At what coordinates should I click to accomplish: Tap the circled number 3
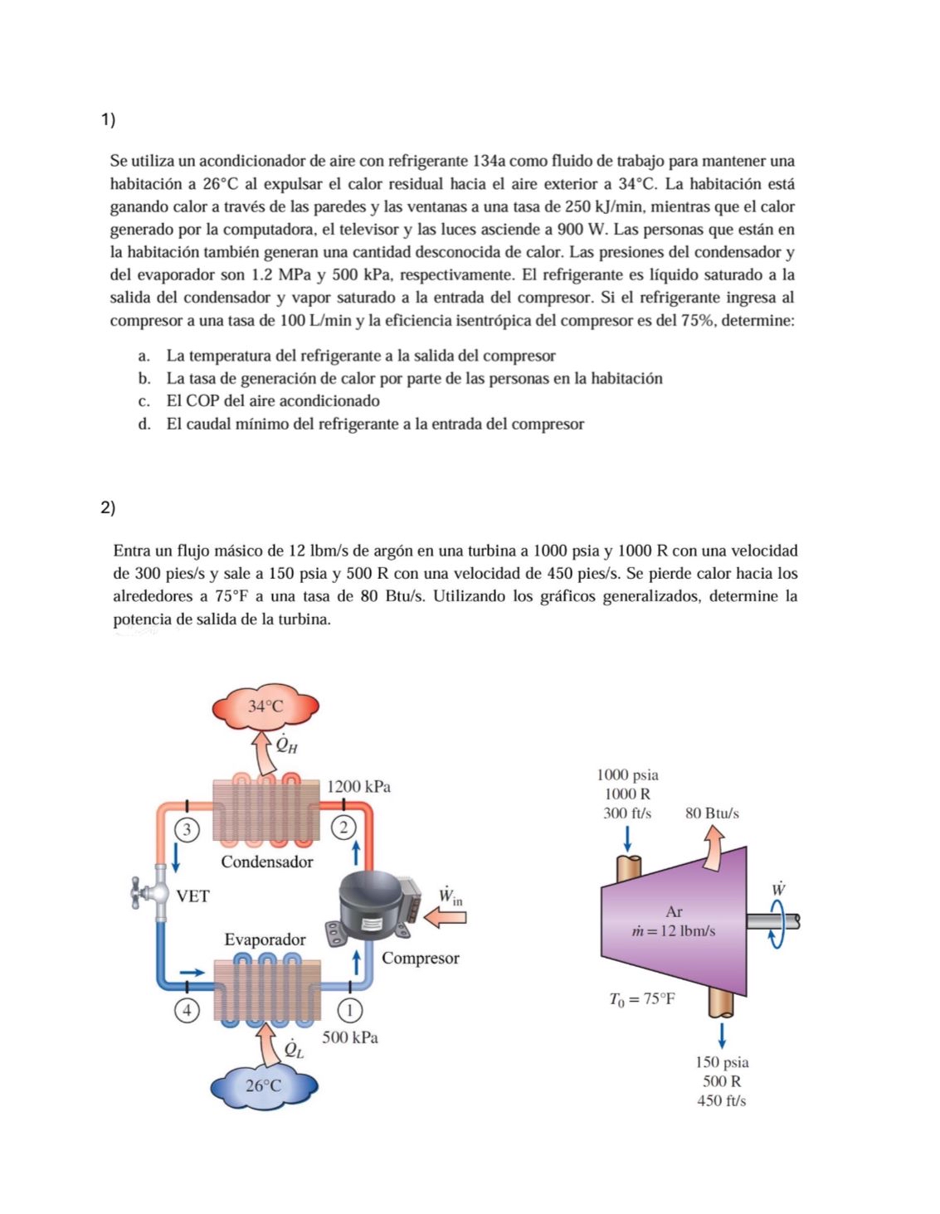click(x=188, y=828)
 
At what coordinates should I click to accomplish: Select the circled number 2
click(x=343, y=827)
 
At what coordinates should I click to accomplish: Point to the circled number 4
click(x=188, y=1010)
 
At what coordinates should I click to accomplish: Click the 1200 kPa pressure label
click(x=358, y=786)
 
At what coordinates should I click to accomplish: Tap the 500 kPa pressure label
click(x=350, y=1037)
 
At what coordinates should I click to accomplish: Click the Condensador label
click(x=267, y=862)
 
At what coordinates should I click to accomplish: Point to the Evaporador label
click(x=265, y=940)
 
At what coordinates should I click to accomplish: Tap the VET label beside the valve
click(x=193, y=896)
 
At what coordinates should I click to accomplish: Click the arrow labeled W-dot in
click(x=445, y=915)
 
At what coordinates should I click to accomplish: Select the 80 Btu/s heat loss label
click(x=712, y=813)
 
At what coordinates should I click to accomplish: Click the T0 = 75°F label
click(x=642, y=999)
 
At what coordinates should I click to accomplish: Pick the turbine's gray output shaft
click(x=772, y=920)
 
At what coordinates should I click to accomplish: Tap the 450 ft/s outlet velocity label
click(x=722, y=1100)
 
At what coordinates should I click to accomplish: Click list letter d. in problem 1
click(x=144, y=425)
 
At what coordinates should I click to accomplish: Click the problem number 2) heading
click(x=107, y=507)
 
